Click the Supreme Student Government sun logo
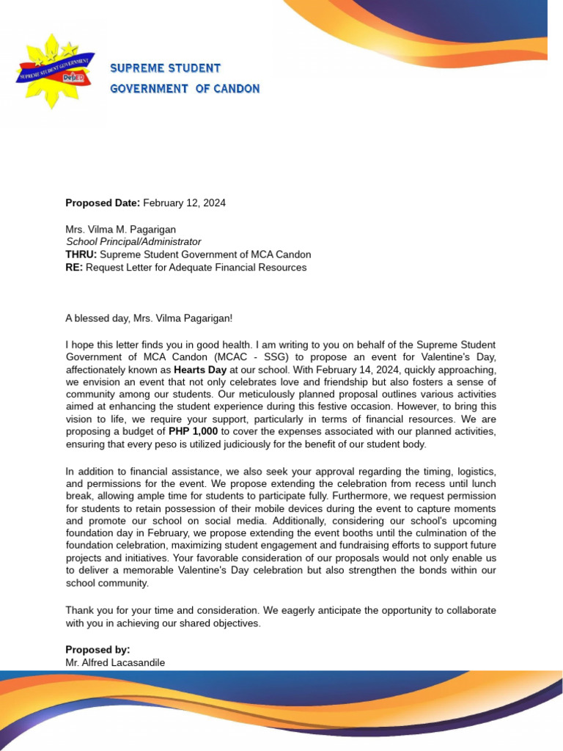54,71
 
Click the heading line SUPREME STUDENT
165,68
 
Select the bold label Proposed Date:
103,203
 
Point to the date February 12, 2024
184,203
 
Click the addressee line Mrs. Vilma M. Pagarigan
122,229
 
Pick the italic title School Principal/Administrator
133,241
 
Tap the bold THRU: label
81,254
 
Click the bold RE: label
74,268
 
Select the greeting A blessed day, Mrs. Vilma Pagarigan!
149,318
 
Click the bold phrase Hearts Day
200,370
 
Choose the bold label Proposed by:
97,650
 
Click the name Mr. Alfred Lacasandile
115,662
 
